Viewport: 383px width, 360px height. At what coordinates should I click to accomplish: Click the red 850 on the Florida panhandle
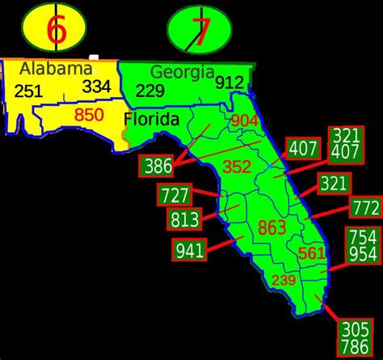[89, 115]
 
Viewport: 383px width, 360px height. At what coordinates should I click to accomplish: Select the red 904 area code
[245, 121]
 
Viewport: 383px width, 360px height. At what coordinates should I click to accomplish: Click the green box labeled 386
[158, 167]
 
